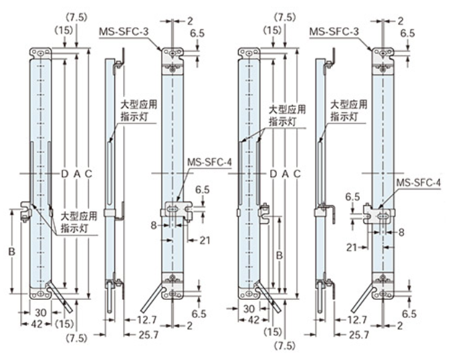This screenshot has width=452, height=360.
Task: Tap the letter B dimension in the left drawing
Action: pyautogui.click(x=11, y=252)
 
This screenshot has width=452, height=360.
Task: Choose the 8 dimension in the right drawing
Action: pyautogui.click(x=400, y=232)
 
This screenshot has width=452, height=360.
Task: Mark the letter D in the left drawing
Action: pyautogui.click(x=65, y=174)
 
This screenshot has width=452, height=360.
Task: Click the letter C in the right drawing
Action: pyautogui.click(x=297, y=174)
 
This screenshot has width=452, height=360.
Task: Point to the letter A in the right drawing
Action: pyautogui.click(x=286, y=174)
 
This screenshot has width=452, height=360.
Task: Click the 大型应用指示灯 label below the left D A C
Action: pyautogui.click(x=79, y=222)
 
